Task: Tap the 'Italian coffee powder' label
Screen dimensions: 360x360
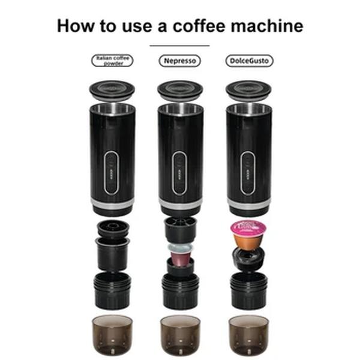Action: [112, 61]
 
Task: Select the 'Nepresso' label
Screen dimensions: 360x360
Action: [180, 61]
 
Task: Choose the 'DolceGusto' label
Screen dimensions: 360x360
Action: [248, 61]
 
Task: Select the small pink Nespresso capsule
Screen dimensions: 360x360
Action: [180, 257]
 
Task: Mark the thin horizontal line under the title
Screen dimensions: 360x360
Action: [179, 45]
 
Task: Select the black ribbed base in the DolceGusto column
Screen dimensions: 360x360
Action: [248, 290]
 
